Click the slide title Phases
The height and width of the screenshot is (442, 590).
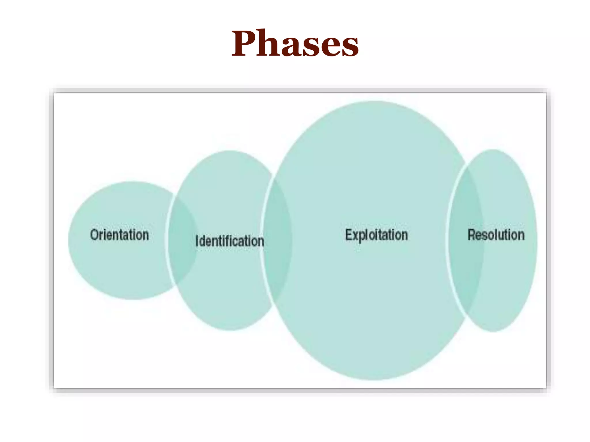point(295,44)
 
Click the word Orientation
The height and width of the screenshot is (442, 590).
point(120,235)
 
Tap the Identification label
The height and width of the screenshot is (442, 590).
point(230,241)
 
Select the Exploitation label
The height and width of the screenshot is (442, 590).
point(376,235)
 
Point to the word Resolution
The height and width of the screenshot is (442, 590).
point(496,235)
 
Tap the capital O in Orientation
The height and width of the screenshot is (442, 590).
point(94,235)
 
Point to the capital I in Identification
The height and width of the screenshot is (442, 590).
point(197,241)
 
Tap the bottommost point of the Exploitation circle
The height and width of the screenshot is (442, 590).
point(375,380)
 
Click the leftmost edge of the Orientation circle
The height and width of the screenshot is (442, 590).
point(69,241)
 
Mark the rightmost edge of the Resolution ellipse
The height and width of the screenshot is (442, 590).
point(537,241)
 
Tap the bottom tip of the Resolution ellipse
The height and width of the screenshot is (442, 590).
point(493,331)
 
